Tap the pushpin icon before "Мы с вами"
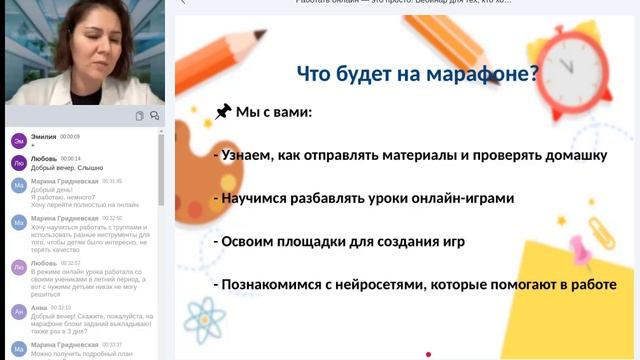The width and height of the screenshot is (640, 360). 223,111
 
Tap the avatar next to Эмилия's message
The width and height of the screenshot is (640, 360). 18,139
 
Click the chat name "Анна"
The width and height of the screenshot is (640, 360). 40,308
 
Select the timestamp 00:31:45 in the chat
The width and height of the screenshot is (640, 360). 111,181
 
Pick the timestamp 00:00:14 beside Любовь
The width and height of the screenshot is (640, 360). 71,158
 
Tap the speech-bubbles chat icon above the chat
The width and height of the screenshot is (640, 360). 155,116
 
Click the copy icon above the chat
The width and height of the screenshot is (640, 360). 139,116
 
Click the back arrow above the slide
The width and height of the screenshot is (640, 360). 182,3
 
